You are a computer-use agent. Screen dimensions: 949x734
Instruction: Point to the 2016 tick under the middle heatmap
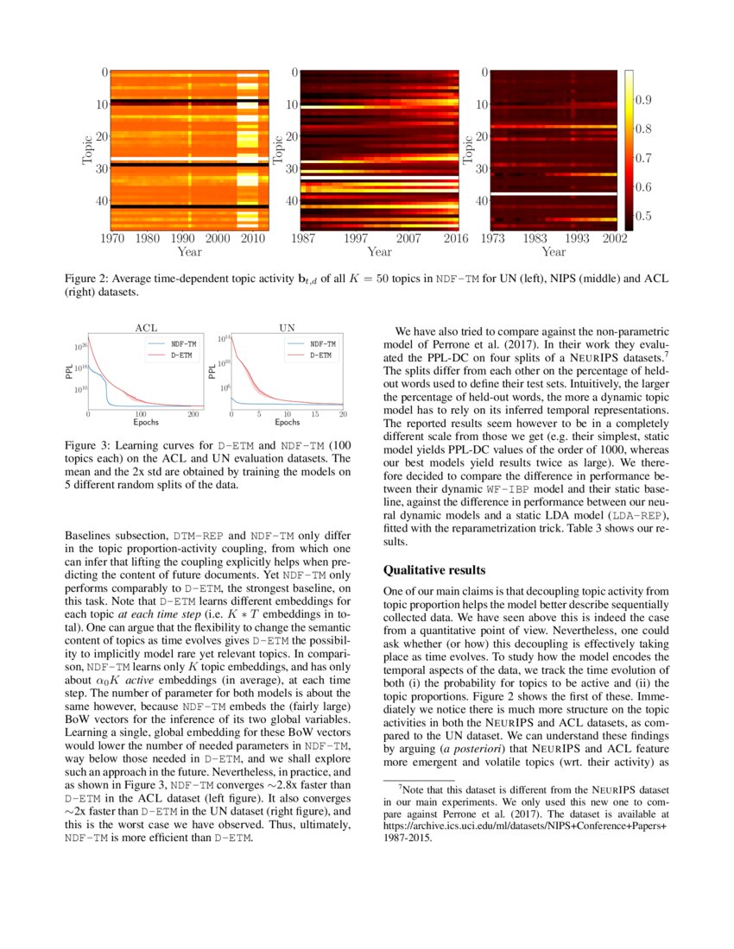tap(456, 238)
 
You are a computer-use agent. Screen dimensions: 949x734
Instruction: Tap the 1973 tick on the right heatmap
tap(493, 238)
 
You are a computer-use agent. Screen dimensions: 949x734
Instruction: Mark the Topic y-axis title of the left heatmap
tap(88, 149)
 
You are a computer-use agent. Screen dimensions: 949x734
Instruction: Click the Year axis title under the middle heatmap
tap(379, 252)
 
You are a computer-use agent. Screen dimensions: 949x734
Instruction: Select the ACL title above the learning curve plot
tap(148, 328)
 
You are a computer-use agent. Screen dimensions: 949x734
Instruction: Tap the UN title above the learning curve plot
tap(287, 328)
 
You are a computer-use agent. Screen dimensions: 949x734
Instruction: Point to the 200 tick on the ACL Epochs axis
tap(193, 415)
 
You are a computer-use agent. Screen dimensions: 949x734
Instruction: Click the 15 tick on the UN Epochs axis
tap(315, 415)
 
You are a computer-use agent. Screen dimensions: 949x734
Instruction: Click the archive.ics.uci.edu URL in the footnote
tap(524, 825)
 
